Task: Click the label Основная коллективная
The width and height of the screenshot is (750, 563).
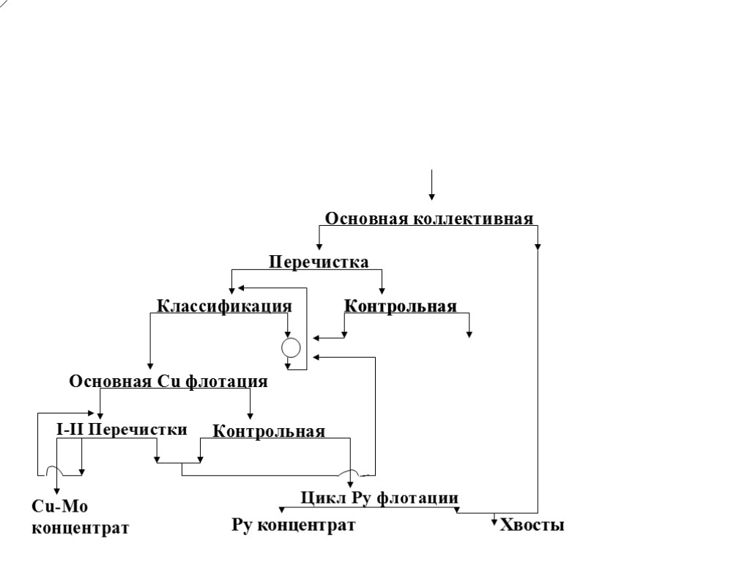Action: [428, 218]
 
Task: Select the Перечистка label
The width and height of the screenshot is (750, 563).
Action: [319, 262]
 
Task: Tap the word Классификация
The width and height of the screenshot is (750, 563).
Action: [224, 306]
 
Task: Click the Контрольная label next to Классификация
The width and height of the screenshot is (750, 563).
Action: [400, 306]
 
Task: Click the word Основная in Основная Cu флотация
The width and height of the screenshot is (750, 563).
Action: [111, 381]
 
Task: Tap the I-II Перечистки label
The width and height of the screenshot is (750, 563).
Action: [122, 430]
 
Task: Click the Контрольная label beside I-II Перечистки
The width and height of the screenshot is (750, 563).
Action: [269, 431]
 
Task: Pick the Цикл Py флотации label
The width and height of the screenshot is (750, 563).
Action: [379, 498]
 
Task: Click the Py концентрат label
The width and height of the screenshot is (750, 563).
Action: [294, 525]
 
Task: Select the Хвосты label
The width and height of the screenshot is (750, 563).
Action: [532, 525]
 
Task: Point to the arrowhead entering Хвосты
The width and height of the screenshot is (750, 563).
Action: [494, 522]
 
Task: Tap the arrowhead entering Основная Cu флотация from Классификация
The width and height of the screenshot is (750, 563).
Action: [150, 365]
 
